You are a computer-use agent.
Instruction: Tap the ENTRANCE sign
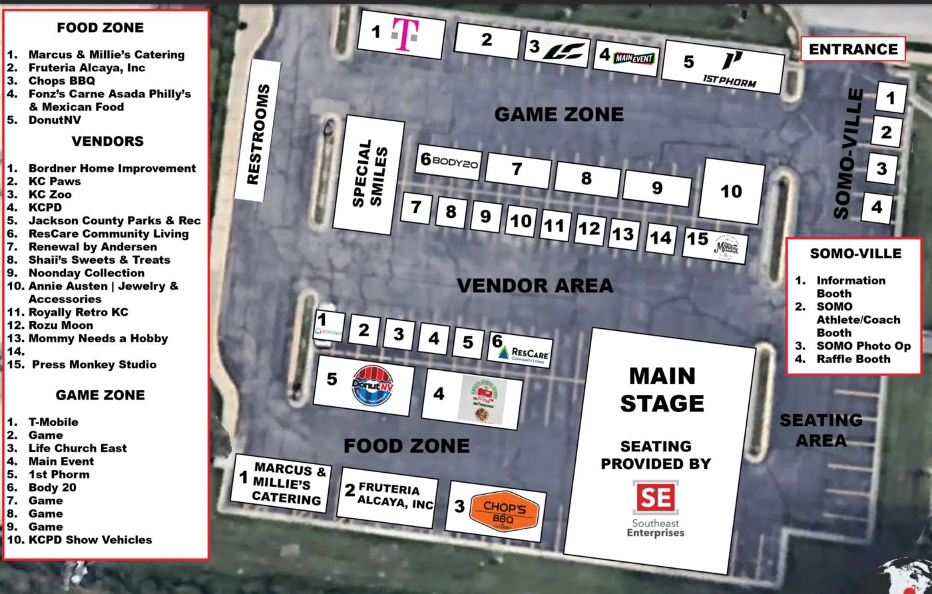pos(853,49)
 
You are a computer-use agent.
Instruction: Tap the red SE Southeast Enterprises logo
pos(655,497)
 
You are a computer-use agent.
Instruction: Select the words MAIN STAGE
pos(662,390)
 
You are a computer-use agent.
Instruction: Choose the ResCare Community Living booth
pos(521,350)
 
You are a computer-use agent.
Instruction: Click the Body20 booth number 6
pos(450,162)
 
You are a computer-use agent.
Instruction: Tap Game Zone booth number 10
pos(731,192)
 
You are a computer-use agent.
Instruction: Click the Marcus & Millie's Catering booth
pos(282,483)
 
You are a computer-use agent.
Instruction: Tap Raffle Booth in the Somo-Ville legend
pos(853,359)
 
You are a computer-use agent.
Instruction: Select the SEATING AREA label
pos(820,430)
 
